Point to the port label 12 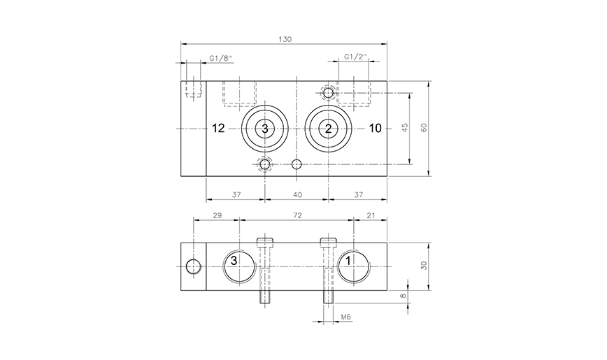[218, 128]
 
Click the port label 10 [376, 128]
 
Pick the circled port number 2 [327, 128]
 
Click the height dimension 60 [424, 128]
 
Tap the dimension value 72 [297, 216]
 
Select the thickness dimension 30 [424, 266]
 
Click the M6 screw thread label [345, 318]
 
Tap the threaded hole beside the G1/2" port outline [327, 92]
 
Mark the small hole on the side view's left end [192, 266]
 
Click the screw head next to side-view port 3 [265, 243]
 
